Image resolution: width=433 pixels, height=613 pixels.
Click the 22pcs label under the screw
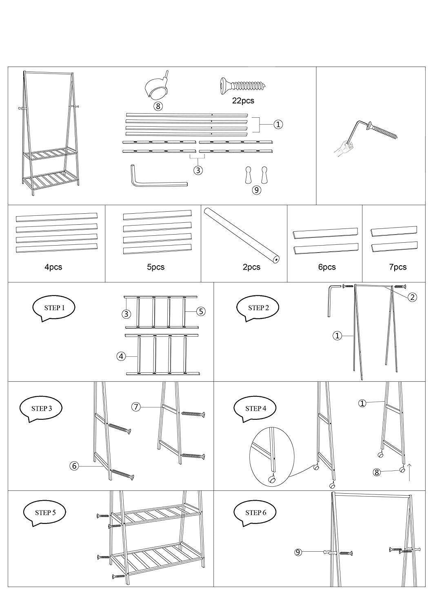coord(243,100)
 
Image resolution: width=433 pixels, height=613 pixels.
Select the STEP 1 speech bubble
coord(54,309)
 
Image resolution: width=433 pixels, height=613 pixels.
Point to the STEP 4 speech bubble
coord(255,408)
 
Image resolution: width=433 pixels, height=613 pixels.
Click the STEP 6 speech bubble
coord(255,512)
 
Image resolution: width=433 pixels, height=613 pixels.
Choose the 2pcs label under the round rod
coord(251,267)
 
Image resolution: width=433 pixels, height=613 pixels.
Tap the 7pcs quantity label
coord(397,267)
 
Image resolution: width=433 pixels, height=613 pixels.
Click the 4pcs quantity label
coord(53,267)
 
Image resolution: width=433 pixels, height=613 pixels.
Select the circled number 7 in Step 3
coord(136,407)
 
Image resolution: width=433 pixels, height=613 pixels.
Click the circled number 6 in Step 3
coord(74,466)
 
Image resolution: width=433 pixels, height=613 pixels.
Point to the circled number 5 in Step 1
coord(201,311)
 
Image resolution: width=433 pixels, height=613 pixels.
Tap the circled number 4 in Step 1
coord(121,356)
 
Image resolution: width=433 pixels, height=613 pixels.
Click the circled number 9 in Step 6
coord(298,553)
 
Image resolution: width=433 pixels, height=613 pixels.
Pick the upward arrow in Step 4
coord(409,471)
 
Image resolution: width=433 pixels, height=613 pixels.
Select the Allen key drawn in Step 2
coord(331,298)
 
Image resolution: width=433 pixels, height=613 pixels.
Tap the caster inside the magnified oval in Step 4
coord(271,479)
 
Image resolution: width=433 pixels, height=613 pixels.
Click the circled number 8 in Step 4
coord(377,472)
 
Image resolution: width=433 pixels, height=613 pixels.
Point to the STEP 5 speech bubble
coord(45,512)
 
